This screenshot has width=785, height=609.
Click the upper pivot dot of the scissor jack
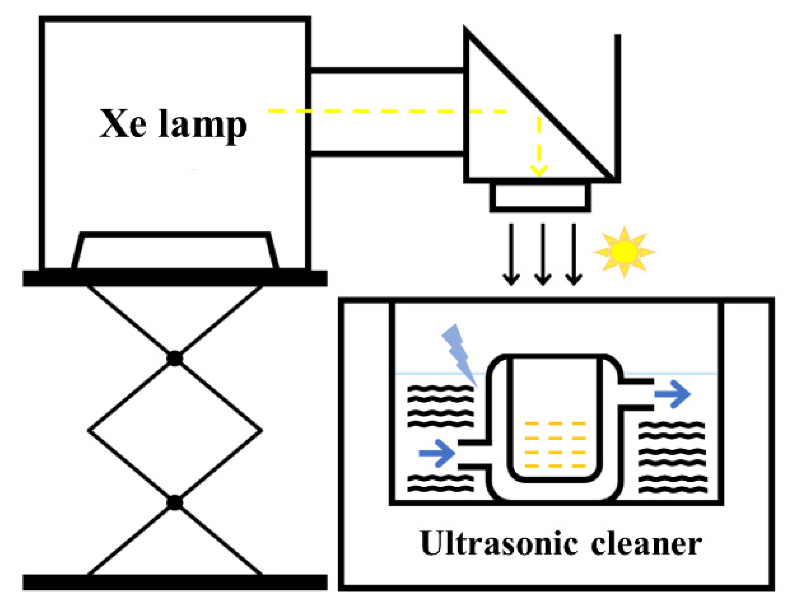(x=175, y=358)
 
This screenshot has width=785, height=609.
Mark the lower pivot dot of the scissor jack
(x=175, y=503)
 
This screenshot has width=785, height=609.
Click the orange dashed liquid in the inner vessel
(x=555, y=445)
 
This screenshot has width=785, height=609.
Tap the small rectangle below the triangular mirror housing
(x=540, y=197)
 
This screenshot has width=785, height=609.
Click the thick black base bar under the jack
(x=175, y=582)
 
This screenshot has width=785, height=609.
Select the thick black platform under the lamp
(x=175, y=279)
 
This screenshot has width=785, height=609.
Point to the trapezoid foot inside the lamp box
(x=175, y=251)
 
